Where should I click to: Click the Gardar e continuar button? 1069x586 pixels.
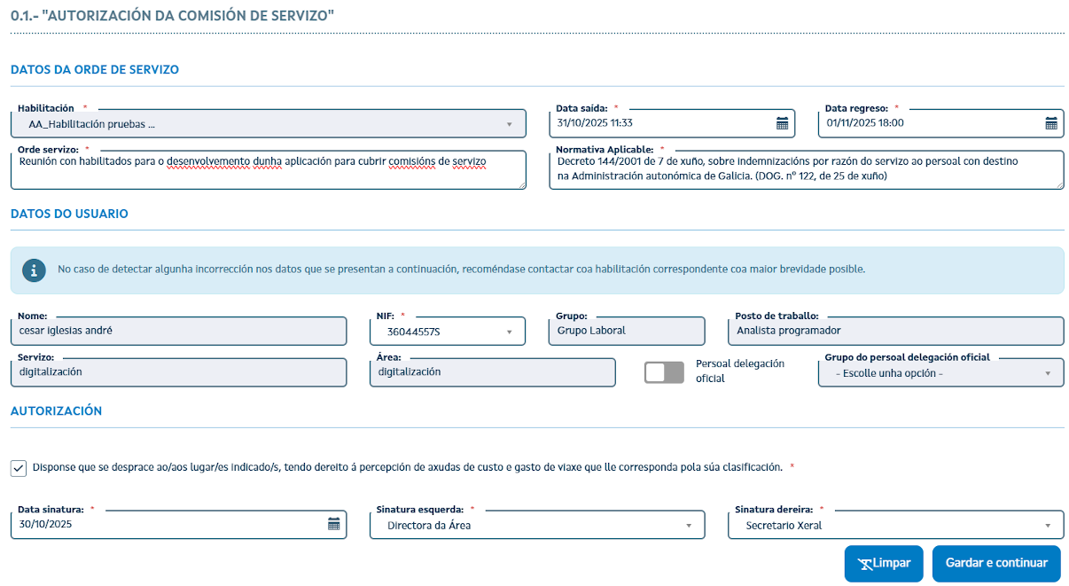click(x=996, y=563)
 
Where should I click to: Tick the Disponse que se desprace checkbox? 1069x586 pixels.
click(x=19, y=468)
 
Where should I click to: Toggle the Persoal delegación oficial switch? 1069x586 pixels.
click(x=664, y=373)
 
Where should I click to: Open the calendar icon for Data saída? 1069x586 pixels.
click(x=782, y=123)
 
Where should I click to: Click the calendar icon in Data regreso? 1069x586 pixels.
click(x=1051, y=123)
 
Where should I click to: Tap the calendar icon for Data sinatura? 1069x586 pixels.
click(x=334, y=524)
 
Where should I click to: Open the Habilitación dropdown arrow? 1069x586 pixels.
click(x=510, y=124)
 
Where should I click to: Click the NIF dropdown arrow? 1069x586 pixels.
click(x=510, y=332)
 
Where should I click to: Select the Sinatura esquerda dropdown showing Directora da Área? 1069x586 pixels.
click(x=538, y=525)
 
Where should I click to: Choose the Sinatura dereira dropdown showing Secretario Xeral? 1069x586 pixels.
click(x=896, y=525)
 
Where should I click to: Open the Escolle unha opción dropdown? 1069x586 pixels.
click(x=940, y=373)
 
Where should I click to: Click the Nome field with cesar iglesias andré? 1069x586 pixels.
click(x=178, y=331)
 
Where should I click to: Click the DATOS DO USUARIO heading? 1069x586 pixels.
click(x=69, y=214)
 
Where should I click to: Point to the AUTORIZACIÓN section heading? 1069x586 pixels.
click(x=56, y=411)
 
